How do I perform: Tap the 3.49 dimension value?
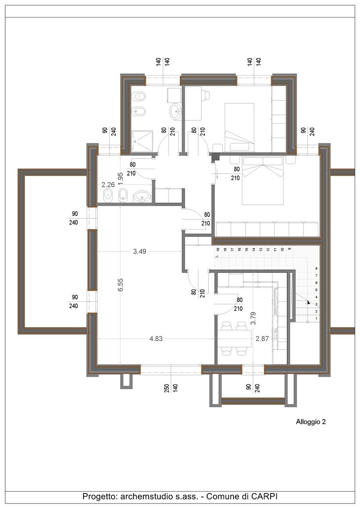[x=140, y=251]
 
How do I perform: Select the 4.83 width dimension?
[x=156, y=338]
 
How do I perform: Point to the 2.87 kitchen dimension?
[x=262, y=338]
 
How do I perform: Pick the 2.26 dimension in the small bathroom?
[x=108, y=185]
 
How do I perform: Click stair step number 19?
[x=218, y=249]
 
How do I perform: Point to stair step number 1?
[x=316, y=319]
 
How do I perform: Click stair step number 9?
[x=289, y=249]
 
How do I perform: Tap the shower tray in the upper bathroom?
[x=142, y=141]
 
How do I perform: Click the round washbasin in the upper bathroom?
[x=175, y=111]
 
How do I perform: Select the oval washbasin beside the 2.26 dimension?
[x=142, y=196]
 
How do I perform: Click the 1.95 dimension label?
[x=121, y=179]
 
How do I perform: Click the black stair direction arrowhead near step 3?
[x=308, y=302]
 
